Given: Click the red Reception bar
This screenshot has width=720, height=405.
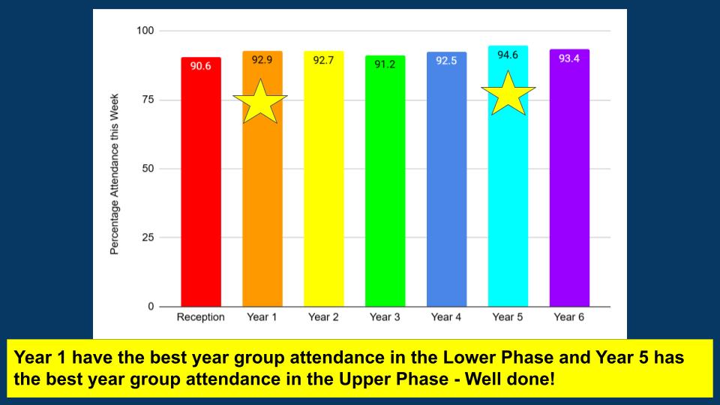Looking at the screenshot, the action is pyautogui.click(x=201, y=181).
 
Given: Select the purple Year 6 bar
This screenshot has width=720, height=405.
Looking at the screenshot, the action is pyautogui.click(x=569, y=178).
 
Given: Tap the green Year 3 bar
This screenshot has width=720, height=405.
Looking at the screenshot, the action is pyautogui.click(x=385, y=181).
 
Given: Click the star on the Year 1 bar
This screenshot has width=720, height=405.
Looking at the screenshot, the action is pyautogui.click(x=260, y=101).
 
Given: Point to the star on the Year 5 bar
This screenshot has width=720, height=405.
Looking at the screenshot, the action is pyautogui.click(x=508, y=93).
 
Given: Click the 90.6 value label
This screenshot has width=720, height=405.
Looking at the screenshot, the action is pyautogui.click(x=201, y=66).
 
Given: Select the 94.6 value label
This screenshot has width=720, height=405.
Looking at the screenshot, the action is pyautogui.click(x=508, y=55).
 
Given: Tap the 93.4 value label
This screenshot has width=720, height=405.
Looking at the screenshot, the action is pyautogui.click(x=569, y=58).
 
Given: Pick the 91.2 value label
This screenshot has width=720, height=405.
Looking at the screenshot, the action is pyautogui.click(x=385, y=64).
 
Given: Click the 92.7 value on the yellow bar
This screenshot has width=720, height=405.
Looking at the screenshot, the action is pyautogui.click(x=323, y=60).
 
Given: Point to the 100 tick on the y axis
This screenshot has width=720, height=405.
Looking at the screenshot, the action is pyautogui.click(x=145, y=31).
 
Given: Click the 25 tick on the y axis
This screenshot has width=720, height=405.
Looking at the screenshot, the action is pyautogui.click(x=148, y=238).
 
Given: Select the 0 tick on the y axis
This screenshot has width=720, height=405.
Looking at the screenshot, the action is pyautogui.click(x=151, y=306).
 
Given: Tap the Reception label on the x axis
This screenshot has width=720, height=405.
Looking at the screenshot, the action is pyautogui.click(x=201, y=316).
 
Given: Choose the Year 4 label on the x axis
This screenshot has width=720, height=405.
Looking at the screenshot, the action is pyautogui.click(x=445, y=316).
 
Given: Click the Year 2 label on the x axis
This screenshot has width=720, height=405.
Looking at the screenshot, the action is pyautogui.click(x=323, y=316).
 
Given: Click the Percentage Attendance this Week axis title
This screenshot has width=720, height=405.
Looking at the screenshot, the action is pyautogui.click(x=114, y=174).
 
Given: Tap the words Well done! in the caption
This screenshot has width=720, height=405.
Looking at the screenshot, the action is pyautogui.click(x=510, y=379).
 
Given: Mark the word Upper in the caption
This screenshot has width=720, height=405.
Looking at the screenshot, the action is pyautogui.click(x=364, y=380).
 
